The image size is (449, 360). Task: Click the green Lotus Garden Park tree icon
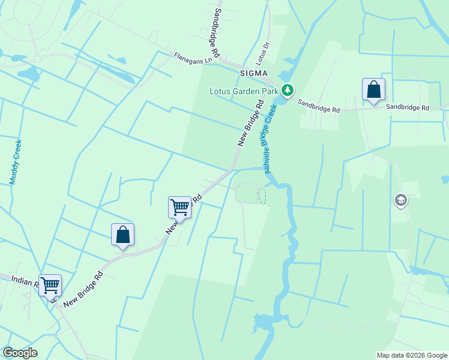coord(288,90)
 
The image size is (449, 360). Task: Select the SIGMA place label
coord(252,73)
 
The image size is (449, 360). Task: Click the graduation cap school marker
coord(401,200)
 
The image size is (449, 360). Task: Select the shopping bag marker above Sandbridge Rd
coord(373,91)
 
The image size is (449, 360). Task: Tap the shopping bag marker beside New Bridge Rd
coord(122,235)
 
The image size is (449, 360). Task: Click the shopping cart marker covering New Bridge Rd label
coord(179,208)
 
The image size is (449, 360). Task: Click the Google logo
coord(20,353)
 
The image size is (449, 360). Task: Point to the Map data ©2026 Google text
coord(411,355)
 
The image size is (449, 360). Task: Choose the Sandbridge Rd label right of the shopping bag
coord(408,108)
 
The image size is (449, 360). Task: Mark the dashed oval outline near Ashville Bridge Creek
coord(262,196)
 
